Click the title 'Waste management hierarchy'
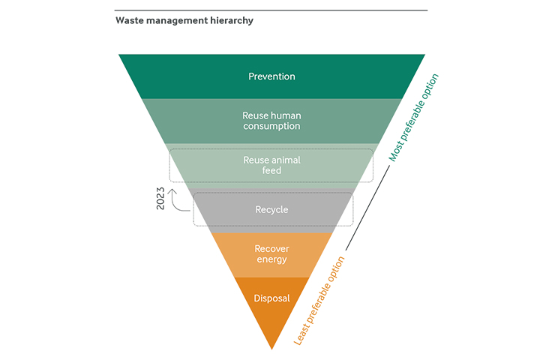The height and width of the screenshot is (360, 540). (x=184, y=21)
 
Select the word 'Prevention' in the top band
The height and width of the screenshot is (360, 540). (x=271, y=76)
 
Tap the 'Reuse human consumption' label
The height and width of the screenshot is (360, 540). (x=271, y=121)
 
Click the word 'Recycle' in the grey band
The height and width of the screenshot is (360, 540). (x=271, y=210)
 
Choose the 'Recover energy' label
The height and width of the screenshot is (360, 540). (x=271, y=254)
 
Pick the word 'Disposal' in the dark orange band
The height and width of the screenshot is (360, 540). (x=271, y=298)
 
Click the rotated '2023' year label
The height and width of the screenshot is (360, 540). (x=160, y=197)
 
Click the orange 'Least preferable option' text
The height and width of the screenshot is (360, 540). (x=319, y=301)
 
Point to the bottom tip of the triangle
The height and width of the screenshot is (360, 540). (x=271, y=349)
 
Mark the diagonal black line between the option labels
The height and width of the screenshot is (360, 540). (x=367, y=208)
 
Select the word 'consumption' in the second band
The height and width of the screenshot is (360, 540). (x=271, y=127)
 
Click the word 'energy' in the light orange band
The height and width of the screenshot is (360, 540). (x=271, y=260)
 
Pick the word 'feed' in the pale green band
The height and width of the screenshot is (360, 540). (x=271, y=171)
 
